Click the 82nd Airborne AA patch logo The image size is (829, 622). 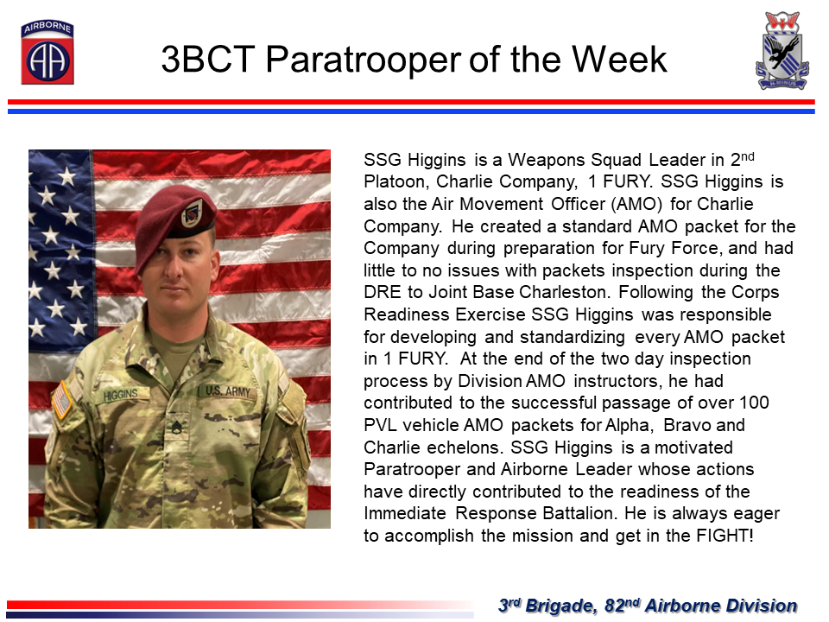click(x=47, y=53)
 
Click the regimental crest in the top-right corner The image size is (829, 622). click(x=782, y=50)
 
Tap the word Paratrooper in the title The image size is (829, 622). click(x=364, y=60)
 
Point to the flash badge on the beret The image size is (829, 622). click(x=192, y=213)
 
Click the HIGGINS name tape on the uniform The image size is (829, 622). click(x=121, y=395)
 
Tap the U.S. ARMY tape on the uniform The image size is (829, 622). click(x=227, y=390)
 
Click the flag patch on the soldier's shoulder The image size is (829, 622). click(x=62, y=400)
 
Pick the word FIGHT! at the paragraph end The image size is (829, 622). click(x=725, y=536)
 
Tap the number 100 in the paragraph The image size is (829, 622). click(x=754, y=403)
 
